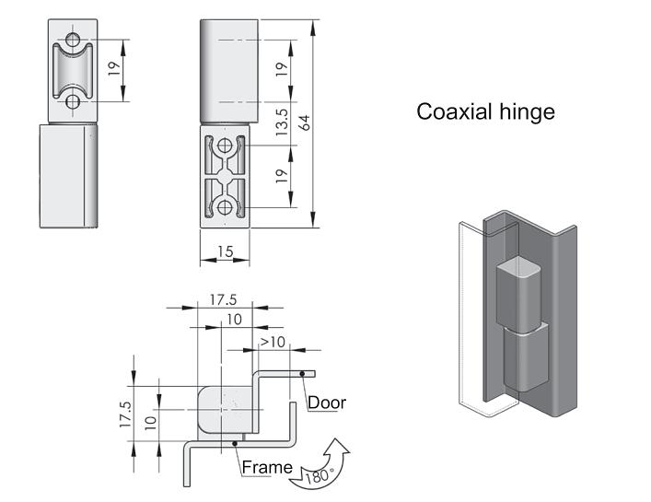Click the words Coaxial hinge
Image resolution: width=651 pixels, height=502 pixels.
pos(485,112)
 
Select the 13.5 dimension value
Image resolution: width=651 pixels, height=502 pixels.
pos(283,123)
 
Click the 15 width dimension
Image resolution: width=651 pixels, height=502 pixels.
pos(224,251)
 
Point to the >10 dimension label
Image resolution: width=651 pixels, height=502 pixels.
pos(272,343)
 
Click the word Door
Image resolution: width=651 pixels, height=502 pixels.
pos(327,403)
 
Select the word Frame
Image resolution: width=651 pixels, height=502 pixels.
pos(266,468)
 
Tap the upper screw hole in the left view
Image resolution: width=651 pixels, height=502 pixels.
pos(72,40)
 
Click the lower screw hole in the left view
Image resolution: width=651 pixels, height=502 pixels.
pos(72,102)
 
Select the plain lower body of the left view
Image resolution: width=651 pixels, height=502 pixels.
pos(67,174)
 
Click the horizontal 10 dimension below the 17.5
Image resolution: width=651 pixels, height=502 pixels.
pos(234,320)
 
